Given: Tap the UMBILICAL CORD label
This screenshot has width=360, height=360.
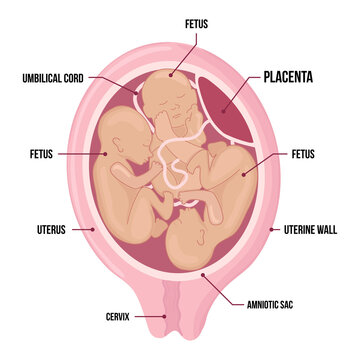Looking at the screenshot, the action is pos(61,76).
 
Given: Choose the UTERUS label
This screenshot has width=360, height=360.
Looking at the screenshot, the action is pos(49,229).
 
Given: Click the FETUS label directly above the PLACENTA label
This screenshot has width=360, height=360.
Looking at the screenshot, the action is pos(197,21).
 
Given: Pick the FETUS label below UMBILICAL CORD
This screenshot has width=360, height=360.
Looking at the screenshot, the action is pos(45,154).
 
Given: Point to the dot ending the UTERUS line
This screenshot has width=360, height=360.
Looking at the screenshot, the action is pos(94,229).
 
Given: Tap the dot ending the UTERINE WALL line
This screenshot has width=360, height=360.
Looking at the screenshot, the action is pos(272,229).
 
